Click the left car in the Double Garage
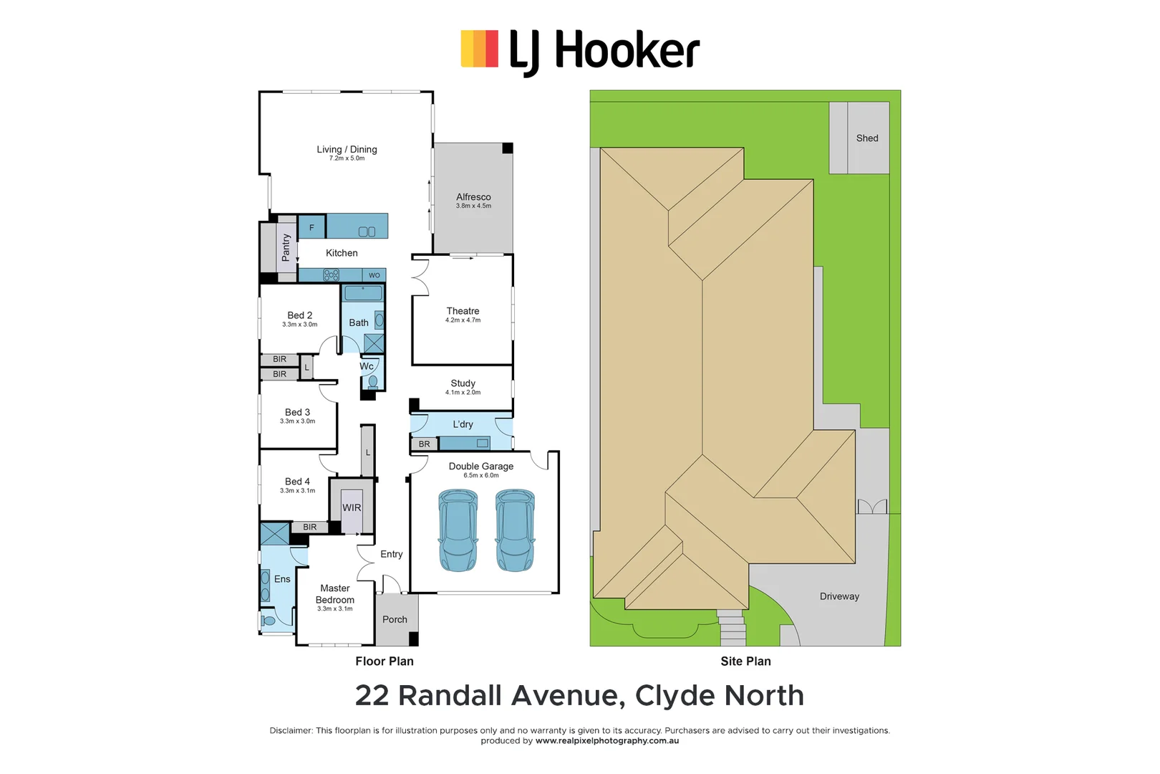pyautogui.click(x=458, y=530)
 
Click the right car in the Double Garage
pyautogui.click(x=515, y=530)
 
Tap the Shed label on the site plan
pyautogui.click(x=866, y=138)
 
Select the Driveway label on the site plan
pyautogui.click(x=839, y=596)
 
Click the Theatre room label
pyautogui.click(x=463, y=311)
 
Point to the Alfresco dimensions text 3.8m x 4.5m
pyautogui.click(x=473, y=206)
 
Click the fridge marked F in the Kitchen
pyautogui.click(x=311, y=227)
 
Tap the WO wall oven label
pyautogui.click(x=374, y=275)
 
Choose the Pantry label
pyautogui.click(x=286, y=247)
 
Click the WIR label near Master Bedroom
pyautogui.click(x=352, y=507)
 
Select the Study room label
pyautogui.click(x=463, y=383)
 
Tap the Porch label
pyautogui.click(x=395, y=619)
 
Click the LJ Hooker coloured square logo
pyautogui.click(x=479, y=49)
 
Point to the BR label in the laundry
pyautogui.click(x=425, y=444)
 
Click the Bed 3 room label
pyautogui.click(x=297, y=412)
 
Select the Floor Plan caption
pyautogui.click(x=385, y=661)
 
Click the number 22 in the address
pyautogui.click(x=372, y=696)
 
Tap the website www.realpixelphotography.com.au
pyautogui.click(x=606, y=741)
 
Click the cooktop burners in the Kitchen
pyautogui.click(x=331, y=274)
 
